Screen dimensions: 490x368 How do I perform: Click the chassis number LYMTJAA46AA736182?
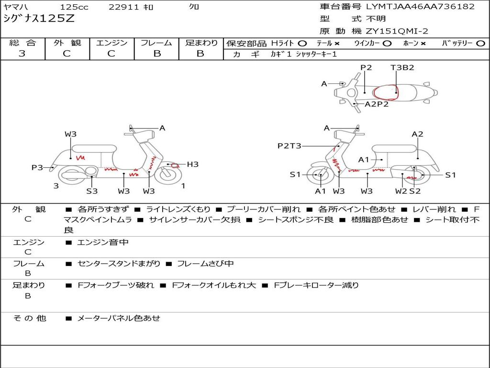pos(420,7)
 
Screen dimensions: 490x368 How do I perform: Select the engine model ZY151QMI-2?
pos(397,31)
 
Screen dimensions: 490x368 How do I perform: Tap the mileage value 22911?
pos(123,7)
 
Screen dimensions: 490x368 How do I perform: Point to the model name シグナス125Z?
pos(39,19)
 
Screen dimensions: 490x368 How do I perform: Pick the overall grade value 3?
pos(22,54)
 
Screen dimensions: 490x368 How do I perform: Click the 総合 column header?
pos(22,43)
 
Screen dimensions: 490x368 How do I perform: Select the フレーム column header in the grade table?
pos(156,43)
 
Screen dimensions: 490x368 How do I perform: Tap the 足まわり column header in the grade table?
pos(201,43)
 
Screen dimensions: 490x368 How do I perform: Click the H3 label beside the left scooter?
pos(192,164)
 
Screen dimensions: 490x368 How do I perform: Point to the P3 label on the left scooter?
pos(37,167)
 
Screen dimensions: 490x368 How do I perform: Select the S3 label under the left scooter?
pos(92,191)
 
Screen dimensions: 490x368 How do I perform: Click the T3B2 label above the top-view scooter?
pos(402,68)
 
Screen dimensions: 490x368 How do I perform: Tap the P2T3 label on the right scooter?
pos(290,146)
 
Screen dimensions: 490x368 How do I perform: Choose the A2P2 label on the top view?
pos(377,104)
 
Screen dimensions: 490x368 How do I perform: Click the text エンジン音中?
pos(102,242)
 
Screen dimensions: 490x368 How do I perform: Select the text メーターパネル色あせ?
pos(118,318)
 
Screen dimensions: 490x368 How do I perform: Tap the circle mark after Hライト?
pos(302,43)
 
